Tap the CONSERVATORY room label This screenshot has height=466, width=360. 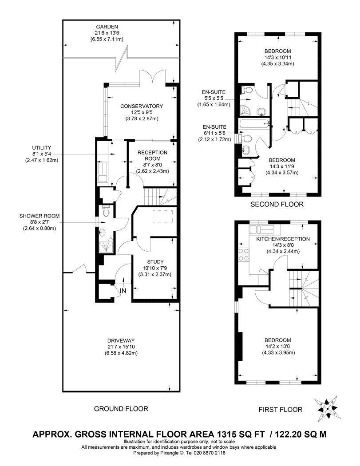point(142,106)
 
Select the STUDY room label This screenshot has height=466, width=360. point(155,262)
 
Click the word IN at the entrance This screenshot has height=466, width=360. point(123,291)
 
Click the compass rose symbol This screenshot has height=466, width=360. point(327,408)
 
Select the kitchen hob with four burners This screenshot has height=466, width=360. point(243,255)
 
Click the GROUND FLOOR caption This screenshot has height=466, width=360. point(121,409)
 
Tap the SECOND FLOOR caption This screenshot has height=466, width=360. point(277,204)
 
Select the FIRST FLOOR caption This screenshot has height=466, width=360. point(281,410)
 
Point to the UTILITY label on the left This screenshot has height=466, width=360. point(42,148)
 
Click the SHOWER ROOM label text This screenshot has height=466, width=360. point(40,216)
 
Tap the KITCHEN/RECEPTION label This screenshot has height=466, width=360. point(283,239)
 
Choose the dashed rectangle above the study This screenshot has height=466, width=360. point(163,216)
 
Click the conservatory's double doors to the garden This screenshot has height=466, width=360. point(152,76)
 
